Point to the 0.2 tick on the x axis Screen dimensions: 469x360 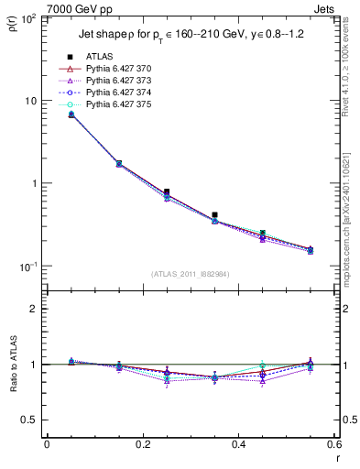click(x=142, y=444)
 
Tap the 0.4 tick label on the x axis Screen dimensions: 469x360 click(x=238, y=444)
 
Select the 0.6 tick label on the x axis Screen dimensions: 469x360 click(x=333, y=444)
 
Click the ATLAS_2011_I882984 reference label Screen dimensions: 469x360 click(x=191, y=274)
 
